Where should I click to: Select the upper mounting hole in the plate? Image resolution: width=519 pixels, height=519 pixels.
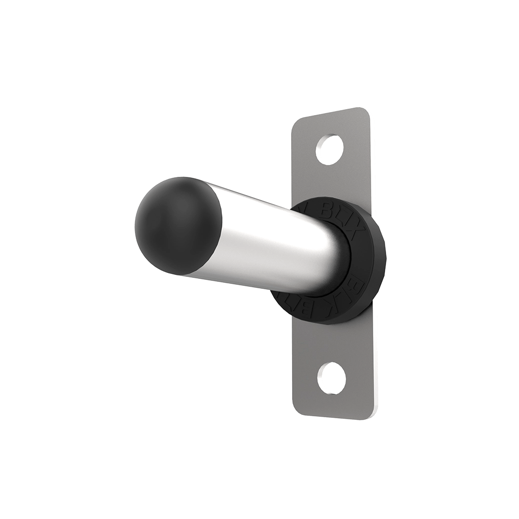click(x=330, y=149)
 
